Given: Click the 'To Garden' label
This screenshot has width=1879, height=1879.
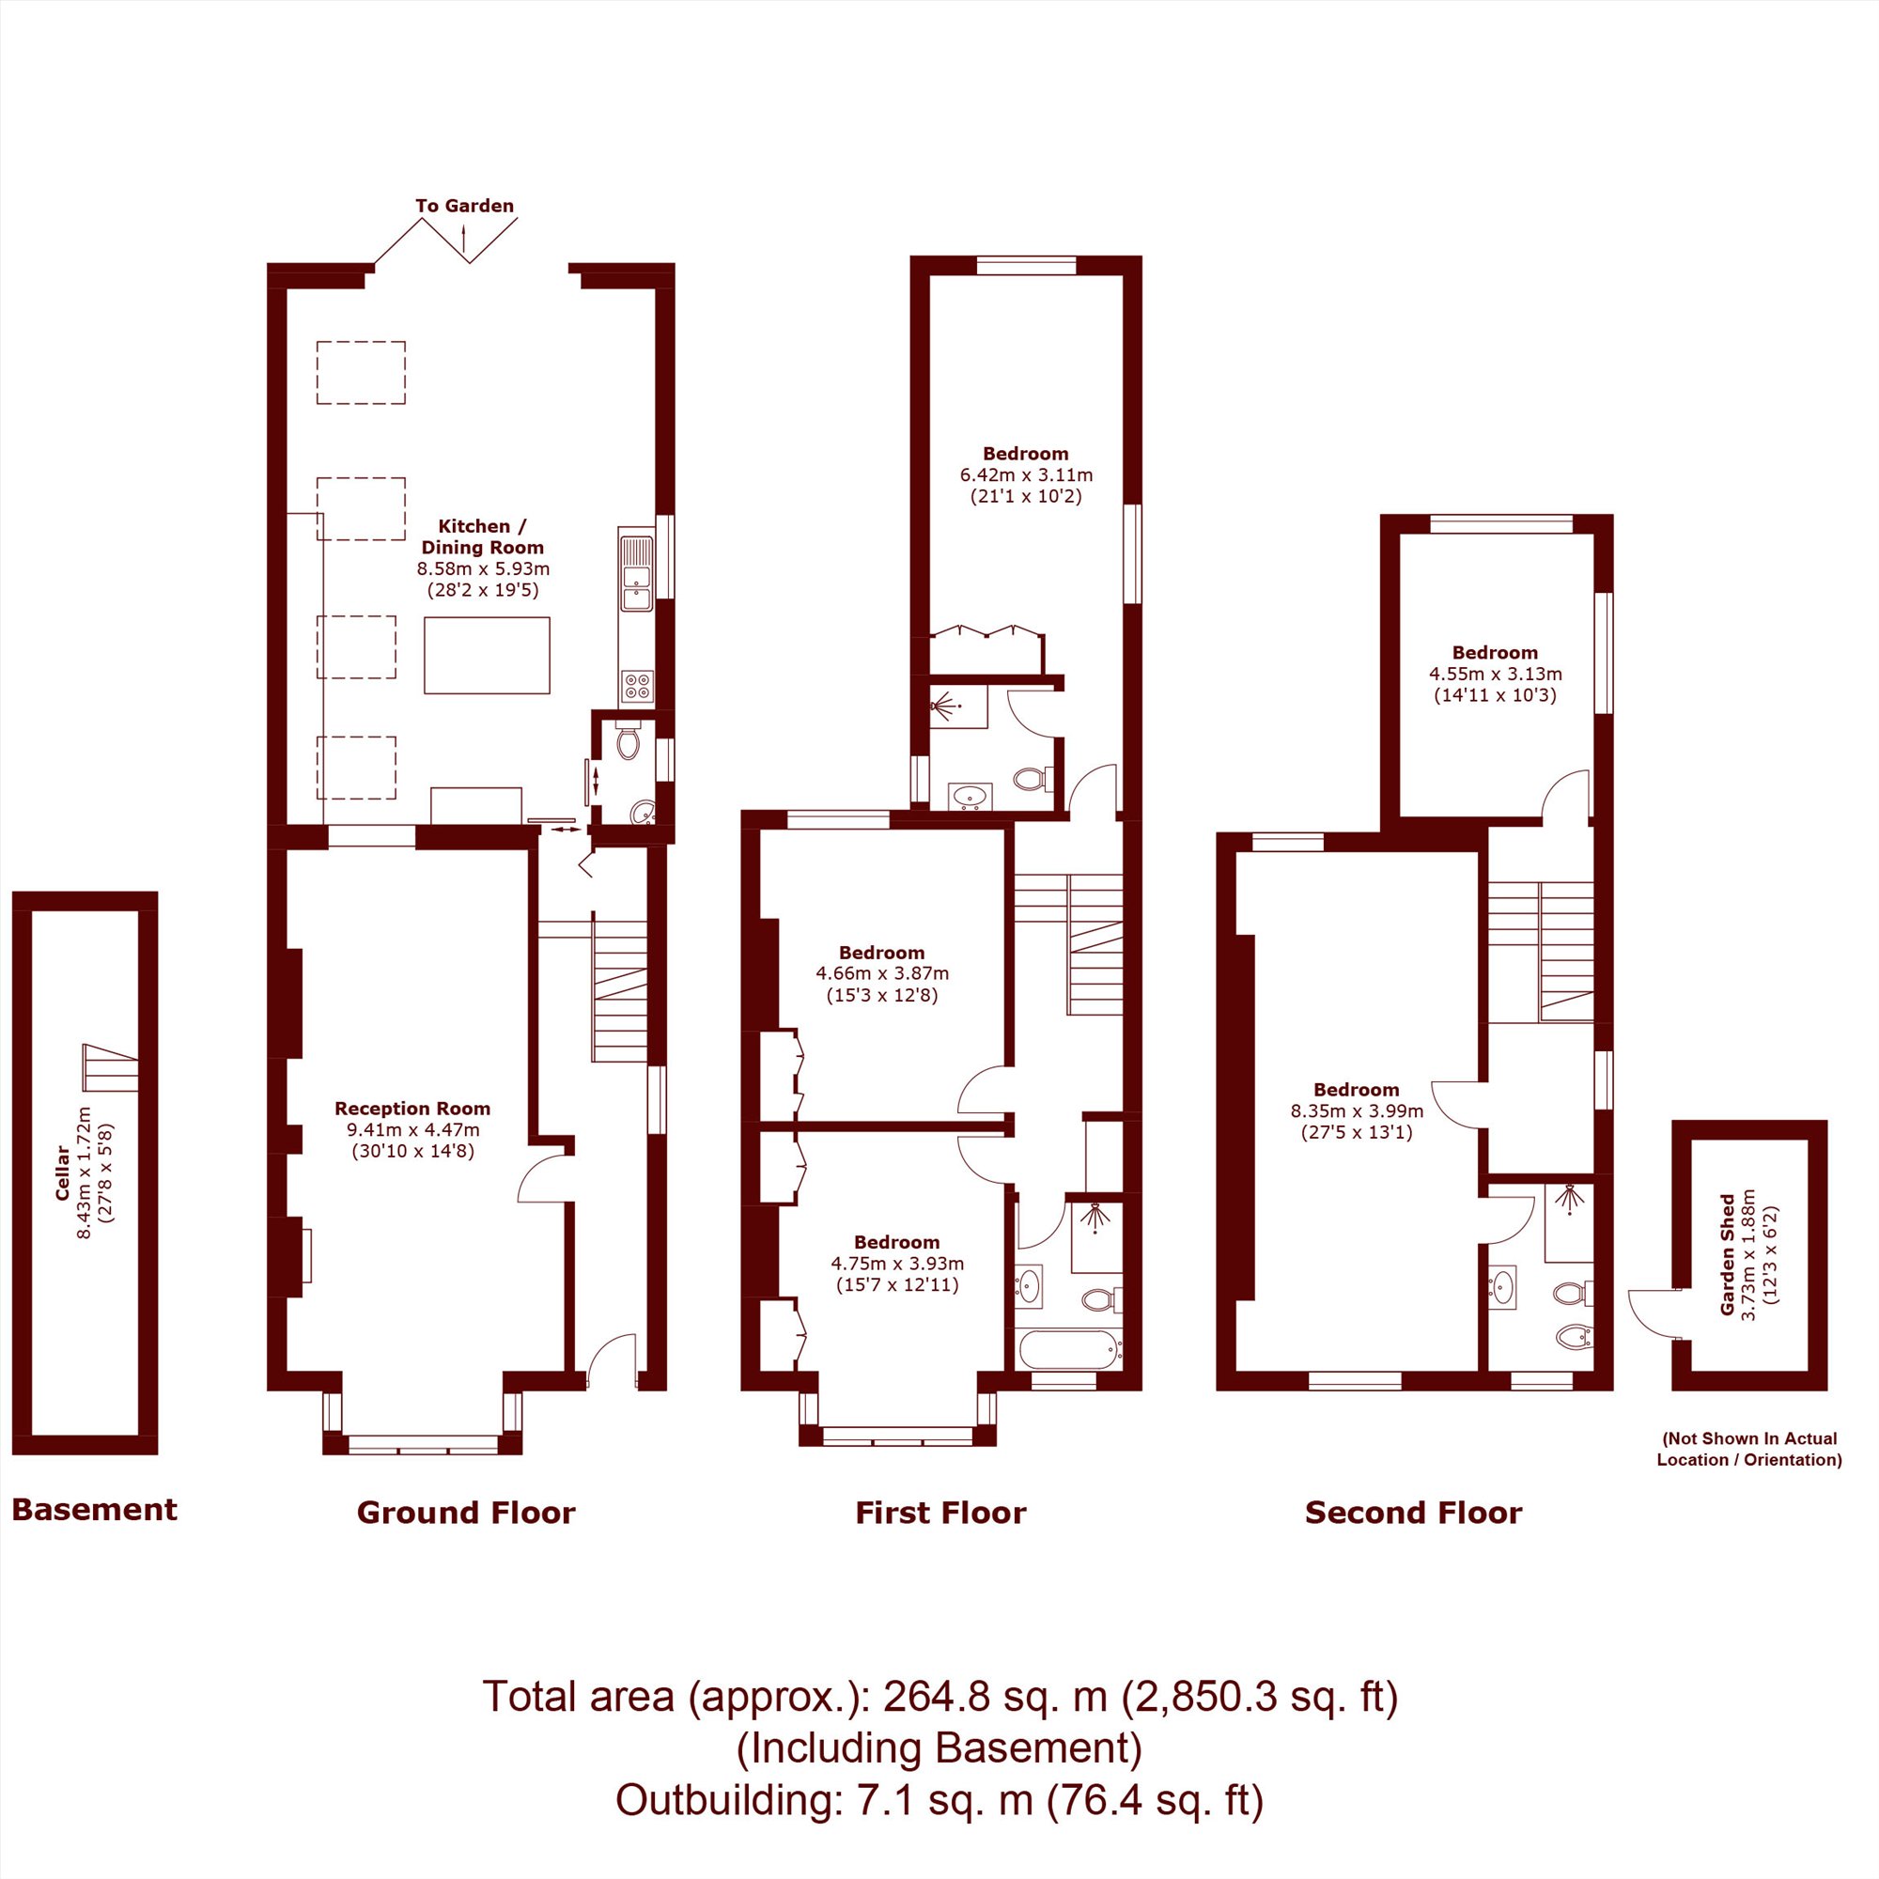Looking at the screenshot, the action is click(464, 206).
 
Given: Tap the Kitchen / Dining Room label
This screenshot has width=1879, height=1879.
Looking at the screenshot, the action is click(482, 536).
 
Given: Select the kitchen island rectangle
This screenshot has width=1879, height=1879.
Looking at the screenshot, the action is click(487, 656).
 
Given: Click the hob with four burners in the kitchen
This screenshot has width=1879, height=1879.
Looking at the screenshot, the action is click(637, 686).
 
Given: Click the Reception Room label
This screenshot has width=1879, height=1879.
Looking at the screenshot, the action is click(412, 1108).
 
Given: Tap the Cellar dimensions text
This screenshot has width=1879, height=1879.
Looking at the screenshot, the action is click(95, 1172).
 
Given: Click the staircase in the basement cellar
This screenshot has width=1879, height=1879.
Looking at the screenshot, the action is click(109, 1068).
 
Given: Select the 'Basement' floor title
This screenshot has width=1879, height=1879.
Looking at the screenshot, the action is click(94, 1510).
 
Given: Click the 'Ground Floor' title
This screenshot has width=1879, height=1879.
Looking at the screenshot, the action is click(466, 1513).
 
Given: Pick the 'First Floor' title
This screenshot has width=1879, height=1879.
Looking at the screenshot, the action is click(940, 1513).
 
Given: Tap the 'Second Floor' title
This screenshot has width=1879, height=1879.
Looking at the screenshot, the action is click(1413, 1513).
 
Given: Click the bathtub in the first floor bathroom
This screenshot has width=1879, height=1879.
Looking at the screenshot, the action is click(1069, 1349).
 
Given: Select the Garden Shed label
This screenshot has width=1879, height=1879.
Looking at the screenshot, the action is click(1729, 1254).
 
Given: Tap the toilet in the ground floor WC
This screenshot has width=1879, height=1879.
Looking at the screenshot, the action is click(629, 741).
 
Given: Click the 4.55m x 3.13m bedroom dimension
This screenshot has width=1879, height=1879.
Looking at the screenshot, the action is click(1496, 673).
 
